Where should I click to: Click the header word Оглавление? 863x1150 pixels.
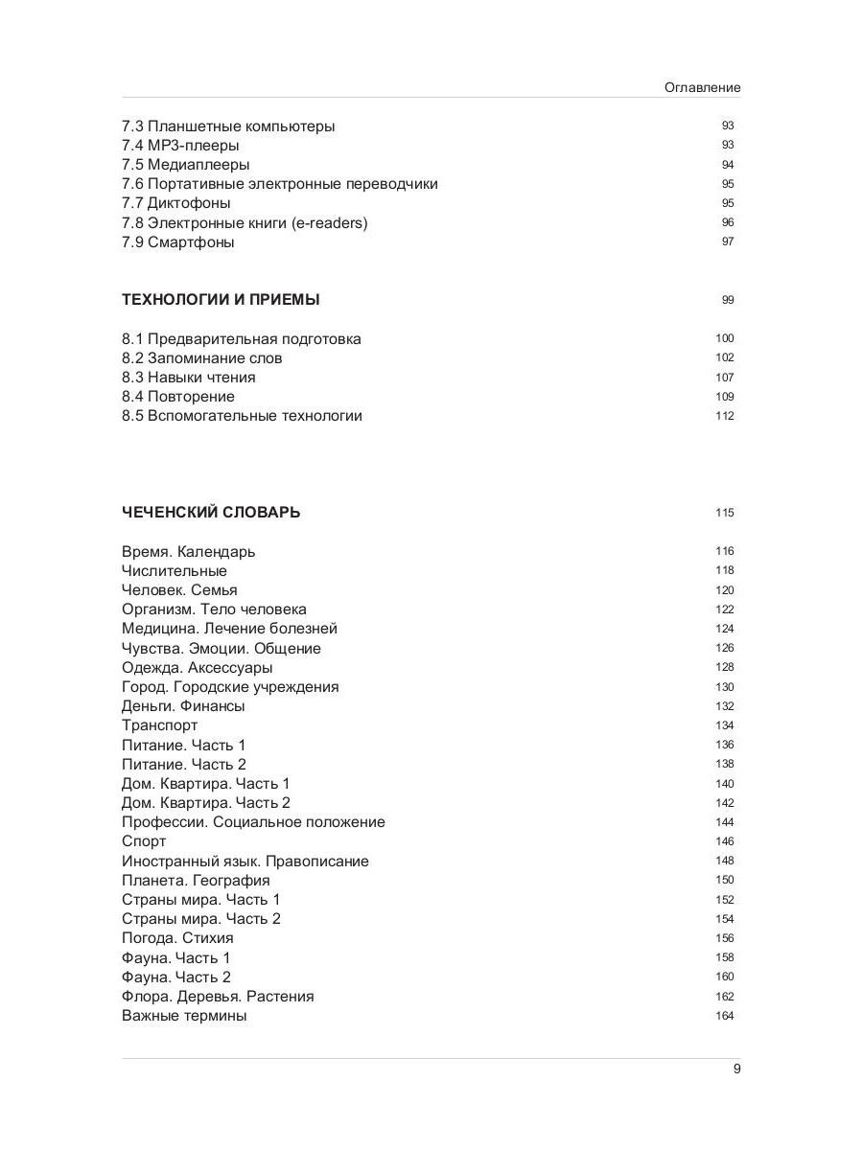pos(702,87)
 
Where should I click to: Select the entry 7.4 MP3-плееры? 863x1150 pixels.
pos(180,146)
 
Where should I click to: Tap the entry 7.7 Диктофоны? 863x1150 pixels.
pos(175,203)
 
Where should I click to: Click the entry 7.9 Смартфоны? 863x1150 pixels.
pos(177,242)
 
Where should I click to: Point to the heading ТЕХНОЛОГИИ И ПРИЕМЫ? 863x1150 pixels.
pos(221,300)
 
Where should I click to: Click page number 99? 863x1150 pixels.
pos(728,300)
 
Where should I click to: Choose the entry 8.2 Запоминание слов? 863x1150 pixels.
pos(201,358)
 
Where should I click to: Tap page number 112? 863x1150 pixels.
pos(724,416)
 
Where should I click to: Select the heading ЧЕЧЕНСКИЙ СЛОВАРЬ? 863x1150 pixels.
pos(211,513)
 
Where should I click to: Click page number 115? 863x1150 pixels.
pos(724,513)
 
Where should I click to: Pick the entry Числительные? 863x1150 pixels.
pos(175,571)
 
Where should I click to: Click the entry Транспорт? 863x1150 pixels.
pos(159,725)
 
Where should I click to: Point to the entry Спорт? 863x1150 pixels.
pos(144,841)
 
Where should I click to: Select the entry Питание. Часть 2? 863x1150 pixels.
pos(184,765)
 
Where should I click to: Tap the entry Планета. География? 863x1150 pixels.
pos(196,881)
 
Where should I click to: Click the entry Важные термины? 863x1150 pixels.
pos(184,1016)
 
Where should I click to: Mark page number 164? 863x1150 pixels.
pos(724,1016)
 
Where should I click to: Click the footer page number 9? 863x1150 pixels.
pos(736,1069)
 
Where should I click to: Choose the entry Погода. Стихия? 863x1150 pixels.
pos(177,938)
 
